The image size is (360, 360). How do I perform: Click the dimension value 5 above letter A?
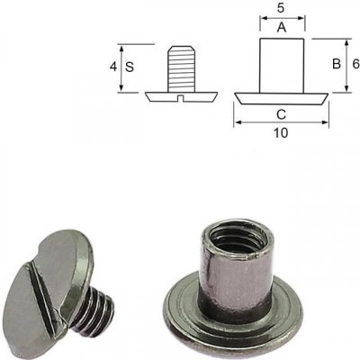click(x=281, y=8)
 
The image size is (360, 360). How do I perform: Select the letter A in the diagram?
click(x=282, y=28)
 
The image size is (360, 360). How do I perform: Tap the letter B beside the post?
click(x=337, y=64)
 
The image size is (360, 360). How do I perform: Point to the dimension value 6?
click(x=355, y=64)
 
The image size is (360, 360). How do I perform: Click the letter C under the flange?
click(x=281, y=114)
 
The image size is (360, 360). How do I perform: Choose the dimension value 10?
click(x=281, y=133)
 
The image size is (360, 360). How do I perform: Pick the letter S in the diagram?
click(x=130, y=67)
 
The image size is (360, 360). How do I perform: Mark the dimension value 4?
click(x=113, y=67)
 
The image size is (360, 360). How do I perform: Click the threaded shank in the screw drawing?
click(x=182, y=68)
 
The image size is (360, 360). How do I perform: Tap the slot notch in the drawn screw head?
click(x=180, y=98)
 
